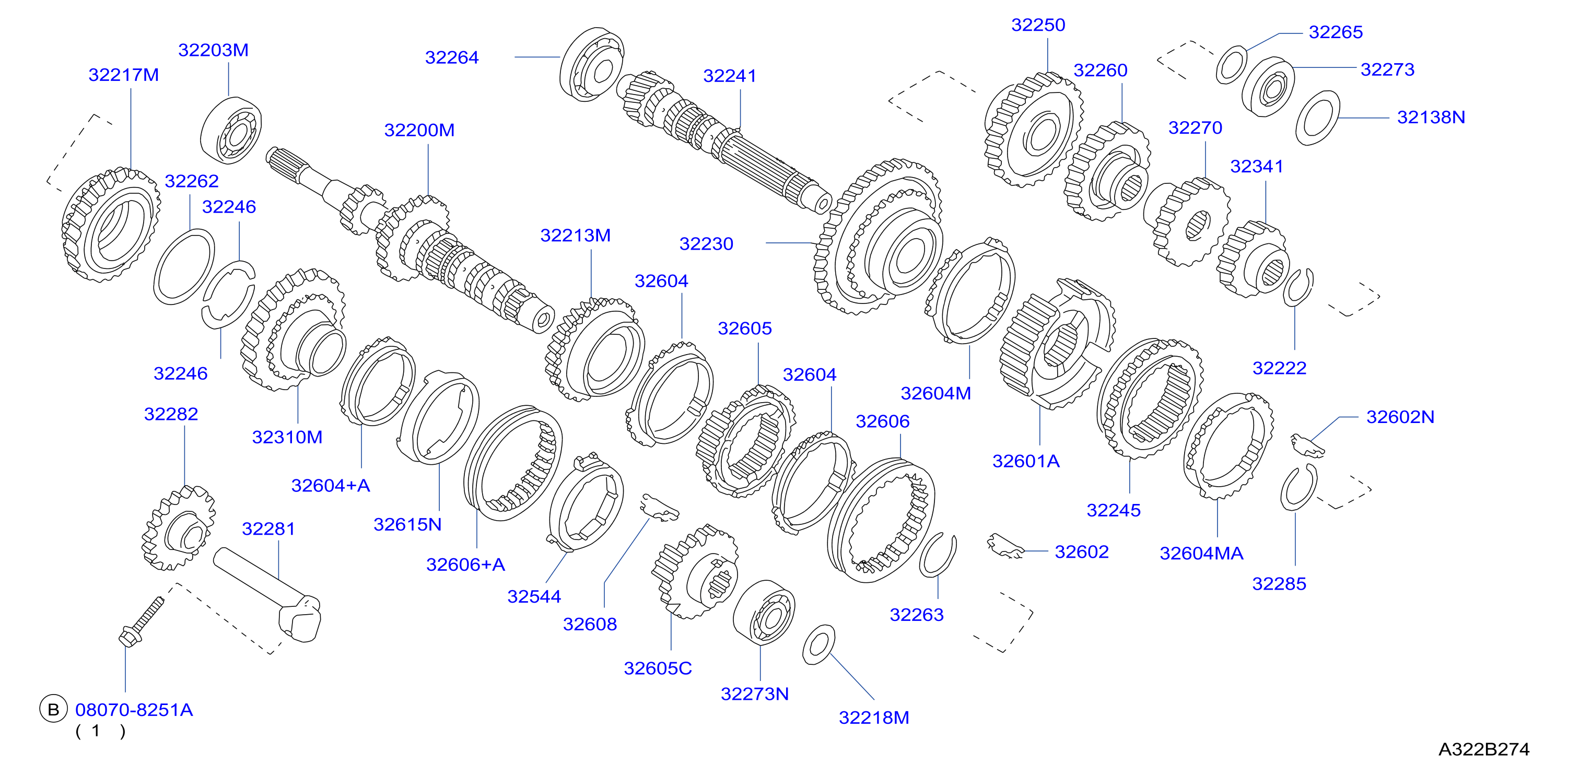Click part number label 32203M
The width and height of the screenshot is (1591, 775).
[x=213, y=50]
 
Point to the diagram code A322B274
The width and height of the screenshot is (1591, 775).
[x=1483, y=749]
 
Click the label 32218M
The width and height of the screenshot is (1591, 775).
[x=874, y=718]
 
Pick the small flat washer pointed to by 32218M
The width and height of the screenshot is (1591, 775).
[x=818, y=644]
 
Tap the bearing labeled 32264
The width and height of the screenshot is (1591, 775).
[x=592, y=64]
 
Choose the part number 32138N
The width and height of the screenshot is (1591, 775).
[x=1431, y=118]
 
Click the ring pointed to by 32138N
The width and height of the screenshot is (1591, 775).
[x=1318, y=118]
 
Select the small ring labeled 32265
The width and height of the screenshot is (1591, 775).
[x=1232, y=64]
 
